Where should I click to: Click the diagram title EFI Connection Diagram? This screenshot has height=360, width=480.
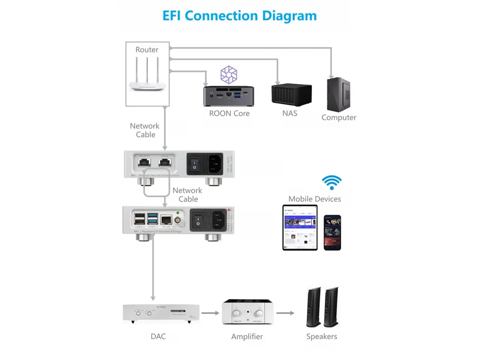coord(240,15)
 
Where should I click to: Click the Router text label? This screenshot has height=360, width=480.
coord(147,49)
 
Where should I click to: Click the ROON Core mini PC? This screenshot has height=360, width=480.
coord(229,96)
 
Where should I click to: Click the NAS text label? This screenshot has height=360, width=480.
coord(290,113)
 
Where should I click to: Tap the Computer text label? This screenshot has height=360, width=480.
coord(339,117)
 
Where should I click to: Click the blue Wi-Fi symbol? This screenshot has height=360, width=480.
coord(332,183)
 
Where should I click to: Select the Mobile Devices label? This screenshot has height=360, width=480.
coord(314,199)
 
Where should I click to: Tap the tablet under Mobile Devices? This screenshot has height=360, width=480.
coord(300,228)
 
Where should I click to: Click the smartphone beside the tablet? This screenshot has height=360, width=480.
coord(332,232)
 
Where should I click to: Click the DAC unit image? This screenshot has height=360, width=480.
coord(158,313)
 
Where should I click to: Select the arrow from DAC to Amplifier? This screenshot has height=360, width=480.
coord(209,313)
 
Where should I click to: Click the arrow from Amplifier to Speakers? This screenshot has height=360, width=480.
coord(285,313)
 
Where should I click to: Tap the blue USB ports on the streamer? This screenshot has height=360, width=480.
coord(152,219)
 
